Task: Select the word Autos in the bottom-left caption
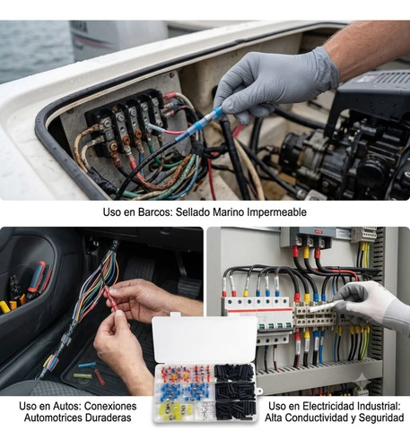pos(67,406)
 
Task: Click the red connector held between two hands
pos(110,298)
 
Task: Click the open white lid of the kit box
pos(205,340)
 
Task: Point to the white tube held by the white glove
pos(326,306)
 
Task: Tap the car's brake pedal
pos(189,287)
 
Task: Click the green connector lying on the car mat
pos(83,376)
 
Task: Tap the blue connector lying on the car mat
pos(87,365)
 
